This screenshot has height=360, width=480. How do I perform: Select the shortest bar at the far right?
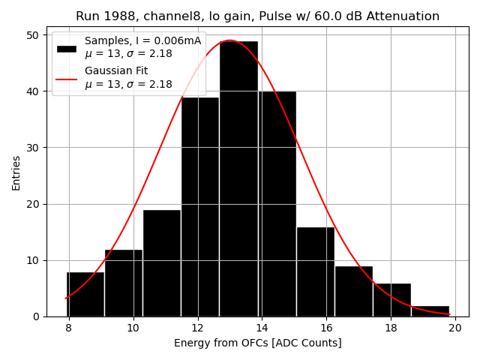pyautogui.click(x=430, y=310)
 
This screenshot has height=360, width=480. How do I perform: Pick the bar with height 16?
pyautogui.click(x=315, y=271)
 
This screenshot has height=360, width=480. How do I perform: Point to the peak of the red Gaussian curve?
pyautogui.click(x=229, y=40)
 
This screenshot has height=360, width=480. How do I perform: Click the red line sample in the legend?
pyautogui.click(x=66, y=78)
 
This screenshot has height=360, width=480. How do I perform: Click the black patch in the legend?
pyautogui.click(x=66, y=48)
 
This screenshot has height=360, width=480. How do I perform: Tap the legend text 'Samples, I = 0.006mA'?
pyautogui.click(x=142, y=41)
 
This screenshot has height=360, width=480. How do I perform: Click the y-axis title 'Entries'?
pyautogui.click(x=16, y=172)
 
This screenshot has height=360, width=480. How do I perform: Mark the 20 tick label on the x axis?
pyautogui.click(x=454, y=328)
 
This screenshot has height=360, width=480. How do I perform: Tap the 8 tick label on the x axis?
pyautogui.click(x=69, y=328)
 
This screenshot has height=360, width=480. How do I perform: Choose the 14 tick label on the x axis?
pyautogui.click(x=262, y=328)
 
